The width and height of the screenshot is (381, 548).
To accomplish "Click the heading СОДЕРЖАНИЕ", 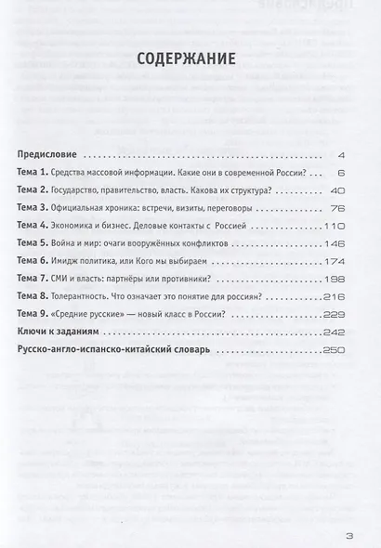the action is [189, 59].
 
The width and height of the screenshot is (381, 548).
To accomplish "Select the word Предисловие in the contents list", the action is [51, 153].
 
